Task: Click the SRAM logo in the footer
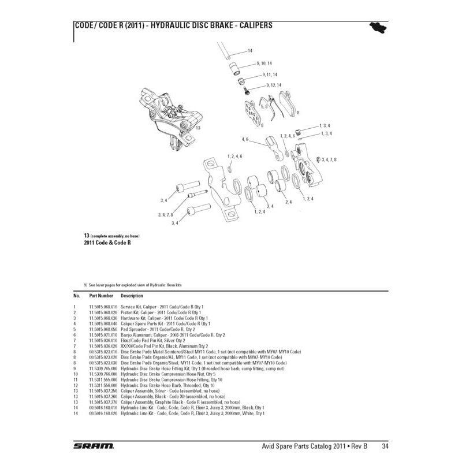tap(94, 445)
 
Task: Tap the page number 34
tap(384, 446)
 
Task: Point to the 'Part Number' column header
tap(101, 295)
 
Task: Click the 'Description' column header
tap(132, 295)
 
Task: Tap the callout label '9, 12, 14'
tap(271, 85)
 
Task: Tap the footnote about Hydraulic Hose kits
tap(136, 285)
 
